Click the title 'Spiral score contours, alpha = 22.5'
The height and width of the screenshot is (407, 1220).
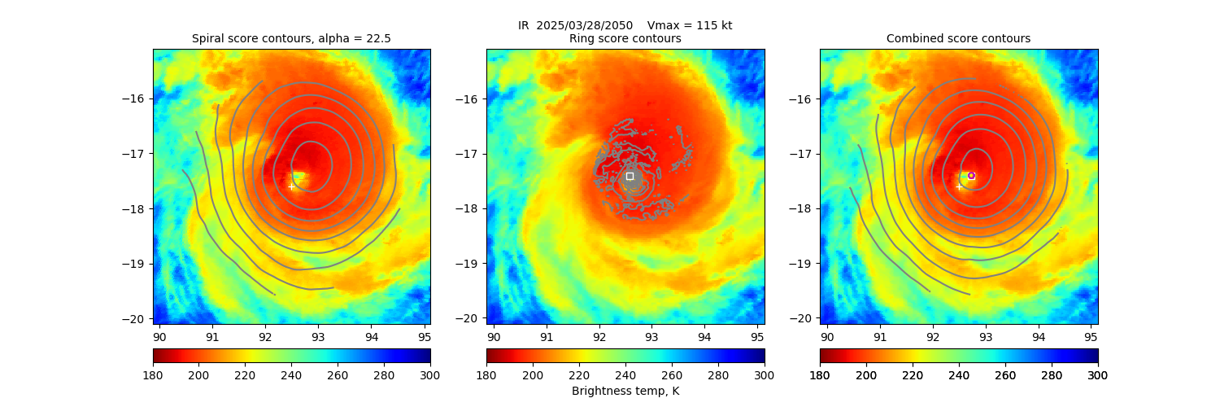pyautogui.click(x=291, y=38)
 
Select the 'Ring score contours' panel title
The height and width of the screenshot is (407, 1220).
pyautogui.click(x=625, y=38)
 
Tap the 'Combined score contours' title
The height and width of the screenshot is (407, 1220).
pyautogui.click(x=958, y=38)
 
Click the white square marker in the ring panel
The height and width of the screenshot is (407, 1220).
pyautogui.click(x=630, y=176)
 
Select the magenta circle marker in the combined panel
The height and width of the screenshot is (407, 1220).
pyautogui.click(x=971, y=176)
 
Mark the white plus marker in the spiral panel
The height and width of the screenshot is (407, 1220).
pyautogui.click(x=291, y=186)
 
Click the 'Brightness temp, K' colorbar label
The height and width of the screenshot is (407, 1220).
pyautogui.click(x=625, y=391)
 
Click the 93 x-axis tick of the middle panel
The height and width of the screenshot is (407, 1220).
pyautogui.click(x=651, y=335)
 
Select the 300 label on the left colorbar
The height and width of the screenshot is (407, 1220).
pyautogui.click(x=430, y=374)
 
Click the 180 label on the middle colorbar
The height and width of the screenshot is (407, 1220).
pyautogui.click(x=486, y=374)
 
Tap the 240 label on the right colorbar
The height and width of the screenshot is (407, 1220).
pyautogui.click(x=959, y=374)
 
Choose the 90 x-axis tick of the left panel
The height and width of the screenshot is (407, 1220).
pyautogui.click(x=159, y=335)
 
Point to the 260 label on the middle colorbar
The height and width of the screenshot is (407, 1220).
pyautogui.click(x=672, y=374)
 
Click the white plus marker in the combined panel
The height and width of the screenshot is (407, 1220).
pyautogui.click(x=959, y=187)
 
